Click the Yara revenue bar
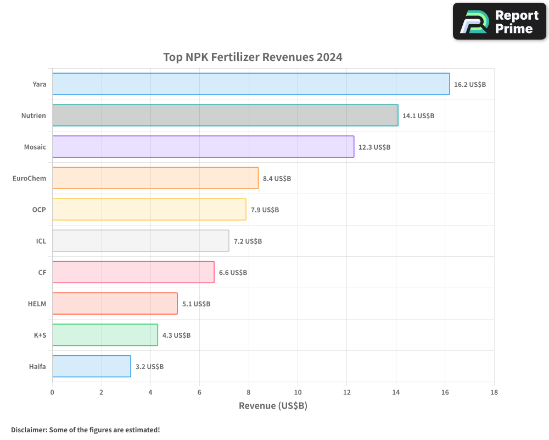251,84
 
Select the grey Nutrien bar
225,116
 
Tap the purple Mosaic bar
203,147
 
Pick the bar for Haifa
92,366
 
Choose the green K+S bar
105,335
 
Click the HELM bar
115,304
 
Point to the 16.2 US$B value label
470,85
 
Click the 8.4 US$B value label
277,179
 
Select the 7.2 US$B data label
248,241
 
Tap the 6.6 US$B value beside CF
233,273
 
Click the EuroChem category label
29,178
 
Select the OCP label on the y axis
39,210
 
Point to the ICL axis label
41,241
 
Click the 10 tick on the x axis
298,392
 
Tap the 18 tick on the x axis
494,392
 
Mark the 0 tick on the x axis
52,392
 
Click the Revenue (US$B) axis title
273,406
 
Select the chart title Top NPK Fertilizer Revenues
253,57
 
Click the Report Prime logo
500,21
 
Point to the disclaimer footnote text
86,430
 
